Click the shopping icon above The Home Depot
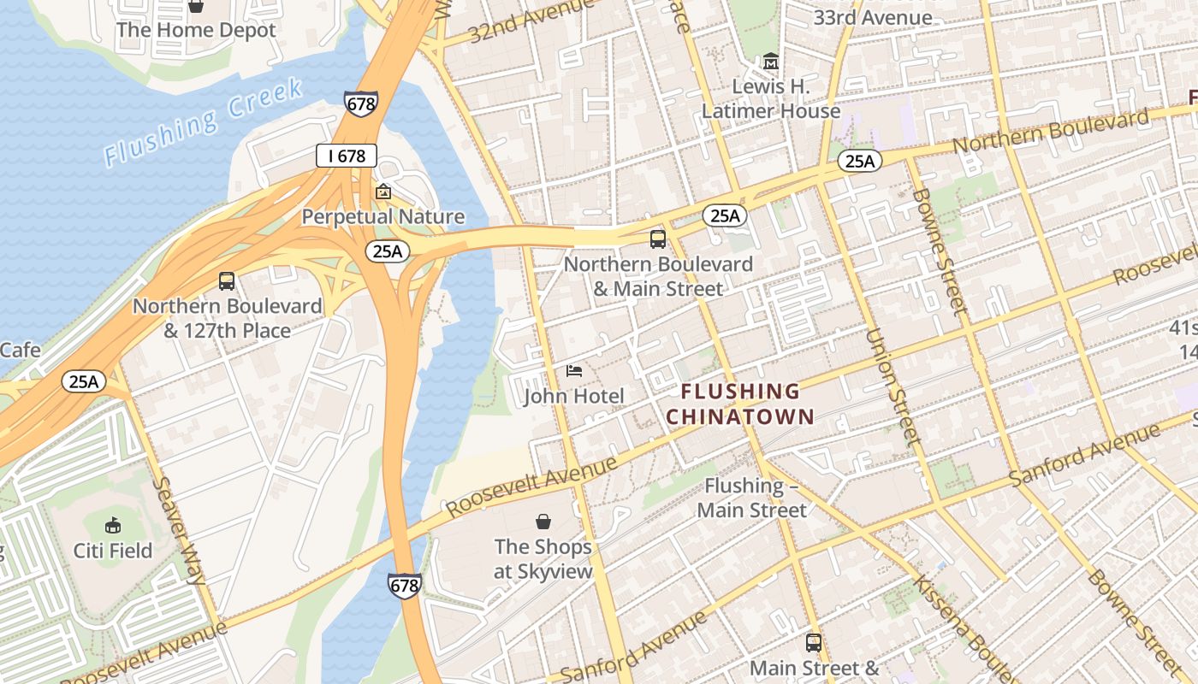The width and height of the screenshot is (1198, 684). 196,6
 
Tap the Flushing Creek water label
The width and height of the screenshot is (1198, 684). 204,122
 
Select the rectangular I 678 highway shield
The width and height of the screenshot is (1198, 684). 346,156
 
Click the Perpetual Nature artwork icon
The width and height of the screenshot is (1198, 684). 383,192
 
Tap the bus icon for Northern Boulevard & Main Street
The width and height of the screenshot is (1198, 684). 657,239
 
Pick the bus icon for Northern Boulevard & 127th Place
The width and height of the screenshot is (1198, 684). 227,281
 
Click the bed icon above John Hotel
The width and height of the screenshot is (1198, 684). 574,371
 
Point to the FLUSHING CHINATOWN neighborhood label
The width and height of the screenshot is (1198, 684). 740,404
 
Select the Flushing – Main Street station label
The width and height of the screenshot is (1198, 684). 751,498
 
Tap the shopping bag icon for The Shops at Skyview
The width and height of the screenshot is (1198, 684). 543,522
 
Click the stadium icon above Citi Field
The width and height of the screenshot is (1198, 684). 112,525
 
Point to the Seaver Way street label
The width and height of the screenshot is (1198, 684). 179,530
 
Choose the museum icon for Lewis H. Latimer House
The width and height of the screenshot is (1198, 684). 771,62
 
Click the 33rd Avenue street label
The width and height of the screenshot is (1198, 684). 873,18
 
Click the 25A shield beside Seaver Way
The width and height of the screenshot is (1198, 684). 83,381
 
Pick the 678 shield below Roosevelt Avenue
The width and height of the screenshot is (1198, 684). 405,586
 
